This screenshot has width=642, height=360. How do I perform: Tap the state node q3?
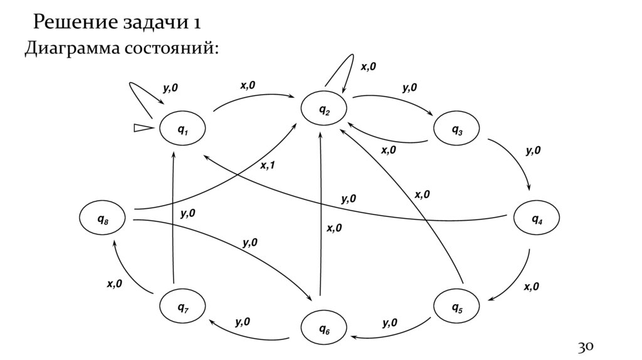(x=457, y=130)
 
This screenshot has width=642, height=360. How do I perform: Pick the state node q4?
(x=537, y=219)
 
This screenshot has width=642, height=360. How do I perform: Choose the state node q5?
(x=457, y=307)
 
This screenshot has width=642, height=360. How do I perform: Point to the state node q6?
(x=324, y=329)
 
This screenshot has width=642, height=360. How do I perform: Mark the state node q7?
(x=182, y=307)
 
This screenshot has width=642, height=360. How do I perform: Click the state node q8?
(x=102, y=219)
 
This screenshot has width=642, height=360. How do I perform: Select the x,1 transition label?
(x=268, y=166)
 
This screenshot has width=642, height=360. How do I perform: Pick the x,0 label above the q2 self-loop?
(x=369, y=66)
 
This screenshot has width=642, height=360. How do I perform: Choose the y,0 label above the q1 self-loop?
(x=170, y=88)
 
